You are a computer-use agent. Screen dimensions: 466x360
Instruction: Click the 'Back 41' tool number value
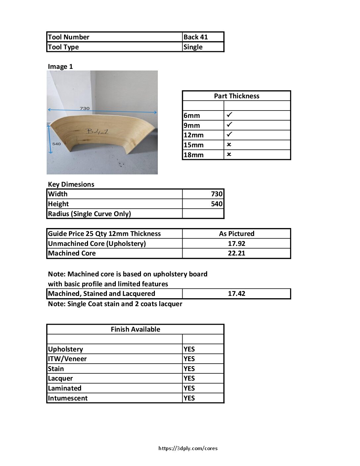click(x=196, y=37)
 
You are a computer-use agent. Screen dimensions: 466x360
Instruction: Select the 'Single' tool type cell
click(x=193, y=47)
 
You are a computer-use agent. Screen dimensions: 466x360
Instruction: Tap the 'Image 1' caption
click(x=60, y=67)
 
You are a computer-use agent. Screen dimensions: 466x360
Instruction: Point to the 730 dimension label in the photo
click(x=84, y=108)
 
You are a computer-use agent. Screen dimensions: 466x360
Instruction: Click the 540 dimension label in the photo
click(x=57, y=144)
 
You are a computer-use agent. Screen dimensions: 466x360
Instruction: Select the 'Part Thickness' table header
click(x=236, y=96)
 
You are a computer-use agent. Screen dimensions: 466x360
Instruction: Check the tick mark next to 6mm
click(x=229, y=115)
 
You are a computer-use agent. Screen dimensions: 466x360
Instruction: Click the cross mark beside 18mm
click(x=229, y=155)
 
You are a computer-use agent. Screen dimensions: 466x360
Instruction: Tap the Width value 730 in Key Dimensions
click(x=217, y=194)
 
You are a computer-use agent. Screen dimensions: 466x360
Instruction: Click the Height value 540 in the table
click(x=217, y=204)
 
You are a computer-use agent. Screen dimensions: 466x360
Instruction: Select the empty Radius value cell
click(x=203, y=214)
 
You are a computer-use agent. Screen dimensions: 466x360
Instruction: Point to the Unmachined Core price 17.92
click(x=236, y=244)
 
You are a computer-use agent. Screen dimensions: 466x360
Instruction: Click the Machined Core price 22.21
click(x=236, y=253)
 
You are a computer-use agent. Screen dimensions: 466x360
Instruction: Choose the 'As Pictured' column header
click(x=236, y=234)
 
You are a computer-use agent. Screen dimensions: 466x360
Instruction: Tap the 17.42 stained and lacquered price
click(x=236, y=294)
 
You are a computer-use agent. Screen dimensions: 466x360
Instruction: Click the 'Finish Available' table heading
click(x=135, y=329)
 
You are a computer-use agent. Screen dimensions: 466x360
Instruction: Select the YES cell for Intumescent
click(x=189, y=398)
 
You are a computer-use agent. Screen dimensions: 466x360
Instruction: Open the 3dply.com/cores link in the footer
click(x=188, y=448)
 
